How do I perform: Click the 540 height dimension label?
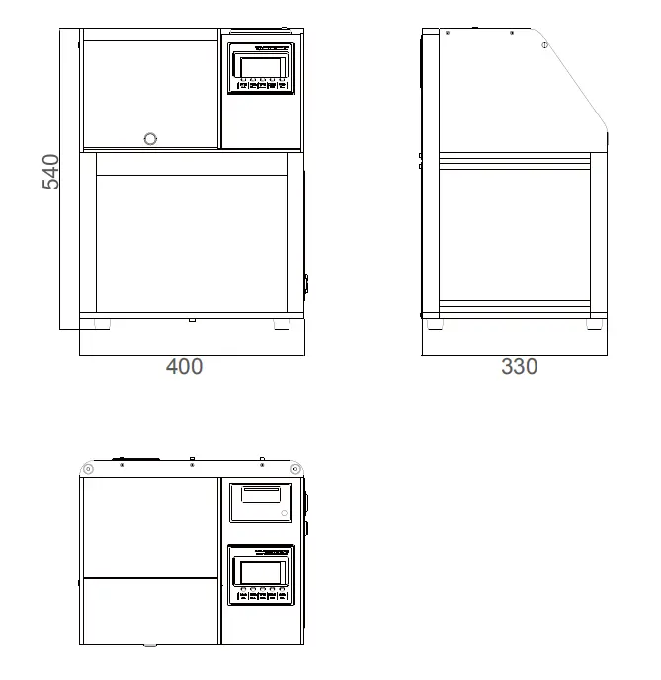point(50,172)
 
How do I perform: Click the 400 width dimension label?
point(184,367)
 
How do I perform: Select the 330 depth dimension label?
point(519,367)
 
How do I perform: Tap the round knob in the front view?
point(150,138)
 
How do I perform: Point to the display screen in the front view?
point(261,67)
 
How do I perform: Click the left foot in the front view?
point(103,323)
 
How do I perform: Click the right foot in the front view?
point(282,323)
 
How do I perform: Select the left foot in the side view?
point(431,321)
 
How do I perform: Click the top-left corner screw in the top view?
point(88,468)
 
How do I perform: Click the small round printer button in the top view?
point(284,512)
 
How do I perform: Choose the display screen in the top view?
point(261,571)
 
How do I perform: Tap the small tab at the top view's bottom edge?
point(150,645)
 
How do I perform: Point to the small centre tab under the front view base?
point(192,319)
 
